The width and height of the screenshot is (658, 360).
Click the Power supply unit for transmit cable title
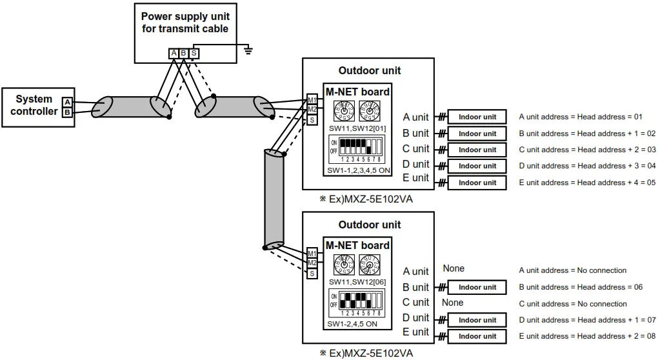coord(184,23)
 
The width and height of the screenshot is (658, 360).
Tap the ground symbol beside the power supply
coord(248,48)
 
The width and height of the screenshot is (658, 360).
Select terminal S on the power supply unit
coord(193,53)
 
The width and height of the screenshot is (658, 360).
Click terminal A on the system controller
coord(67,102)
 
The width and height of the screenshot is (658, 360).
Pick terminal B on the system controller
coord(67,112)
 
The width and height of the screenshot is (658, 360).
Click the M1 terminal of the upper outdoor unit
coord(312,100)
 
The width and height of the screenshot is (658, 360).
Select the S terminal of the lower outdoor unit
coord(312,273)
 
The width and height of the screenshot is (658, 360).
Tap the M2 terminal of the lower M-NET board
coord(312,263)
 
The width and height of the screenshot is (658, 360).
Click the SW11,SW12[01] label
coord(357,128)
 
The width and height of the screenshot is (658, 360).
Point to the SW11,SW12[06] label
coord(357,282)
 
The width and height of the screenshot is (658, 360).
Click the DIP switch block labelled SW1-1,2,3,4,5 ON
coord(357,147)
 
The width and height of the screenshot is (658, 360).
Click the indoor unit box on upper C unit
coord(477,150)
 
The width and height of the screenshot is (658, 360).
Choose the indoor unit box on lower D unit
coord(477,320)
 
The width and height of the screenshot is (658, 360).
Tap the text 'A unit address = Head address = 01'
coord(581,117)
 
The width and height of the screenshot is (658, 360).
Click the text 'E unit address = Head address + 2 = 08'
coord(587,336)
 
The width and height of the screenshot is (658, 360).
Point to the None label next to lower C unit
coord(453,303)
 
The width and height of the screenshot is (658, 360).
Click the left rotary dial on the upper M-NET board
coord(344,112)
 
